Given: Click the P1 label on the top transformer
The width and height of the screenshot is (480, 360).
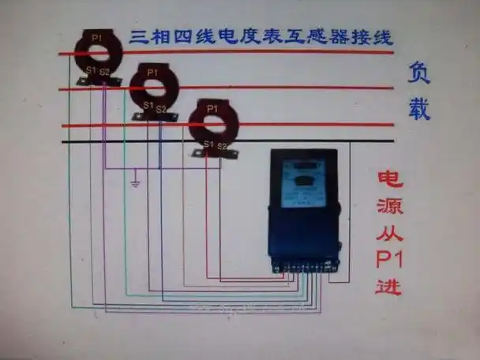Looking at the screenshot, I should (96, 37).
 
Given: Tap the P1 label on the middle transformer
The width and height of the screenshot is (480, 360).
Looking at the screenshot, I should (152, 73).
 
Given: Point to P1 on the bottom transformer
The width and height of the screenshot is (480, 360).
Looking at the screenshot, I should (212, 108).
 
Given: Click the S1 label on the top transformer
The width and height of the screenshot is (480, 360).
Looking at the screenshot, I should (90, 71).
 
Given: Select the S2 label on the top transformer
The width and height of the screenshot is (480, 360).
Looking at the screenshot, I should (104, 72).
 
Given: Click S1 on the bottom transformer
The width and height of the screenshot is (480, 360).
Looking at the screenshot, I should (208, 144).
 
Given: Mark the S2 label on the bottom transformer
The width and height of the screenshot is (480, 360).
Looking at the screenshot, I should (222, 144).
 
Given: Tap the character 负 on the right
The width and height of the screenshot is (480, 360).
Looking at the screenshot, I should (418, 73).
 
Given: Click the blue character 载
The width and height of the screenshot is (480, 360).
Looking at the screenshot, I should (418, 109).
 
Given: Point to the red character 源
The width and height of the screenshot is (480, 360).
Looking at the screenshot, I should (389, 206).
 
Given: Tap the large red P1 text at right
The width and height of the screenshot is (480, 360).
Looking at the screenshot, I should (389, 259).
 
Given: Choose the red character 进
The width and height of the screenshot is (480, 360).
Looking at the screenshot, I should (389, 285).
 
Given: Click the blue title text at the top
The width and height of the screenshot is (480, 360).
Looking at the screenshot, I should (261, 36).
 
